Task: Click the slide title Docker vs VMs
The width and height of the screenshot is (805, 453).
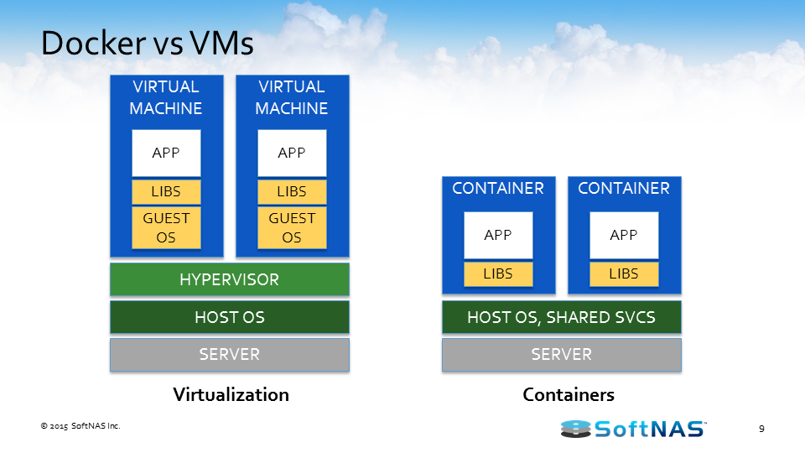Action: (147, 44)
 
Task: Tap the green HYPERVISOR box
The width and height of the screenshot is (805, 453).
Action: (229, 279)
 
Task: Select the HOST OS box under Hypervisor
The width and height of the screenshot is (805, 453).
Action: (229, 317)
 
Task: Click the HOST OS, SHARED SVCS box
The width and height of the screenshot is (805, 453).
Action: (561, 317)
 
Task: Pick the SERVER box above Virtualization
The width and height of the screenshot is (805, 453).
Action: (229, 355)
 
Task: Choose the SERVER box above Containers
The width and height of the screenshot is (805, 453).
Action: (561, 355)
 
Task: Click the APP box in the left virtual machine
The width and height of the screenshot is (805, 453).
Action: (166, 153)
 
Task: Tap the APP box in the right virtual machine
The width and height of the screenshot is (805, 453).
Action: (292, 153)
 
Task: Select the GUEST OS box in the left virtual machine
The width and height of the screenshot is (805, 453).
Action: (166, 227)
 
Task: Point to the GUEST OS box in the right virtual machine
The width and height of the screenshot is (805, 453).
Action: (292, 227)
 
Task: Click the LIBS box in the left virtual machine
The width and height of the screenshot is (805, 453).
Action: (166, 191)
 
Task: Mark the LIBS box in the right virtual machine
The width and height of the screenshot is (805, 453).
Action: (292, 191)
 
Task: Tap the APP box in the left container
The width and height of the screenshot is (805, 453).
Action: (498, 235)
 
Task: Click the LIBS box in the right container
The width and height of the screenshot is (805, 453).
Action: (624, 273)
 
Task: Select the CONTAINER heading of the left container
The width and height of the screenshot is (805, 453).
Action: (498, 189)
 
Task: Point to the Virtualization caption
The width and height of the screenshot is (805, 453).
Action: (231, 394)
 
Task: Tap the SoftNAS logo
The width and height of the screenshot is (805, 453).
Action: (633, 429)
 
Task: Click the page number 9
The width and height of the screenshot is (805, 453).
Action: (761, 430)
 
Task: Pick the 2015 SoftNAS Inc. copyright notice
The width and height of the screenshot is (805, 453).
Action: (80, 426)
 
